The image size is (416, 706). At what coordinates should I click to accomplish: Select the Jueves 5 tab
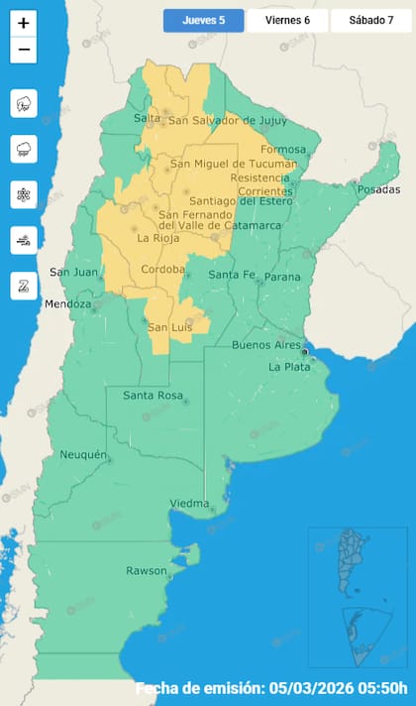click(x=204, y=21)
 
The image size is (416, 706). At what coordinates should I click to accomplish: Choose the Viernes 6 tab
click(x=286, y=21)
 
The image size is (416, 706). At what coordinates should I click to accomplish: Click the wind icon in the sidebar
click(x=24, y=239)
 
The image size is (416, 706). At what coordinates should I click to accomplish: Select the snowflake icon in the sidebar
click(x=24, y=194)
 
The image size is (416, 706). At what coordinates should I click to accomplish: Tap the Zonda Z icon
click(x=24, y=285)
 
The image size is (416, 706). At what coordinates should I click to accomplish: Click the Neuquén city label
click(x=83, y=454)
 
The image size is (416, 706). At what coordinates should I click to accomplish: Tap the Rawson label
click(x=146, y=570)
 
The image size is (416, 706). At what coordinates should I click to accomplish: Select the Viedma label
click(x=189, y=503)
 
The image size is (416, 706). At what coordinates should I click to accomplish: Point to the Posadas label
click(x=379, y=189)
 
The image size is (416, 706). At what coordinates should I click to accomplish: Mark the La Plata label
click(x=290, y=366)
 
